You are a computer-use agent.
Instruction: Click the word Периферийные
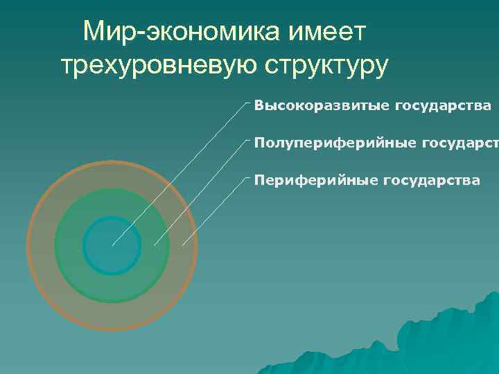coord(313,180)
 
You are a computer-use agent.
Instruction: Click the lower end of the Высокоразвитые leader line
coord(113,245)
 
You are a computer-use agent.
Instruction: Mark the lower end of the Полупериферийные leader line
coord(155,245)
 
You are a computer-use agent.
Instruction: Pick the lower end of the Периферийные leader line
coord(182,245)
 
